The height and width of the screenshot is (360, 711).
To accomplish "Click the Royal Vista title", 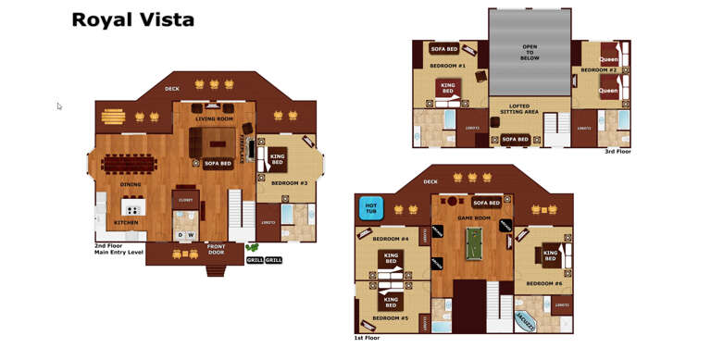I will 132,19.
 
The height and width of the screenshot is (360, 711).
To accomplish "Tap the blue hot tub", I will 370,208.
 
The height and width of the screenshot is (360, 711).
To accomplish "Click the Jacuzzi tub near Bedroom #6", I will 525,321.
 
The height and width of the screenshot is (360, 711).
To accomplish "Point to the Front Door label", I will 216,249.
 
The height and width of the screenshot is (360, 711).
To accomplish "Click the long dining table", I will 131,164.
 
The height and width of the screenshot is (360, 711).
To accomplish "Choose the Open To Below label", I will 530,52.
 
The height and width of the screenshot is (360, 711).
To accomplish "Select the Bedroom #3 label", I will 290,183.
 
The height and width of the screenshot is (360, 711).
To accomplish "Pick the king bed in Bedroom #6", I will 550,255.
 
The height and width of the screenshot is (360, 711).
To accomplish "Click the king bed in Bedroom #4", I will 392,258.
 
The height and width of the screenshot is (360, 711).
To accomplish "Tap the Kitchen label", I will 126,222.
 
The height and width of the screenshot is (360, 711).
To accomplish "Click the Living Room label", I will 214,118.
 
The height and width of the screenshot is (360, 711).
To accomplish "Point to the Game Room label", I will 473,217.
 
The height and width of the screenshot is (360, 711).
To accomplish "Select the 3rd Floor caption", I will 617,151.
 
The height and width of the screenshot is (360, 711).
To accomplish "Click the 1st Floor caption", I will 367,338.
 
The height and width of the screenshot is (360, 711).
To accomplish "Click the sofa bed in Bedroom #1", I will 443,49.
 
